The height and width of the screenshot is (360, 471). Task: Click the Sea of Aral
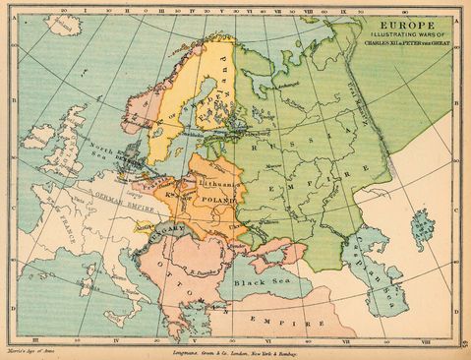(x=423, y=227)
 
